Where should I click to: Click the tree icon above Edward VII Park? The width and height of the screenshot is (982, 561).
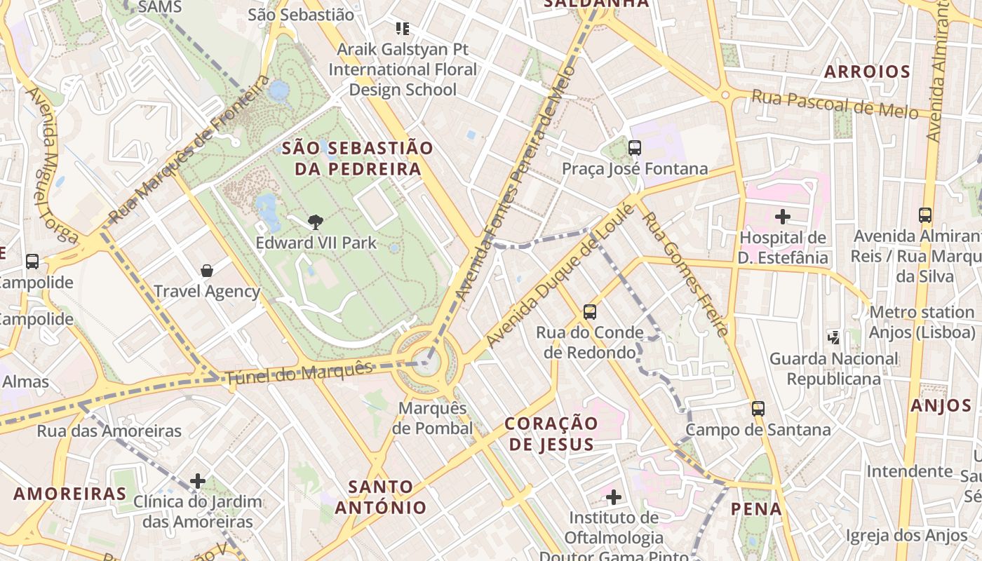coord(316,222)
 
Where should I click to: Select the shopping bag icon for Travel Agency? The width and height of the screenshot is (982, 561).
coord(207,271)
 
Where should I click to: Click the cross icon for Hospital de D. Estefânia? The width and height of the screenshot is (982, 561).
coord(783,217)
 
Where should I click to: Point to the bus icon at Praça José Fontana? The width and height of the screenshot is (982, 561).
coord(635,148)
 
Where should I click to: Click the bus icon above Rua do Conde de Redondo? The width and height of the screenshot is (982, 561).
coord(590,311)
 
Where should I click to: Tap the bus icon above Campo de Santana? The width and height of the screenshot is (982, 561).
coord(758,409)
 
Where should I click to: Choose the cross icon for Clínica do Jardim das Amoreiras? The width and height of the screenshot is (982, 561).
coord(198,481)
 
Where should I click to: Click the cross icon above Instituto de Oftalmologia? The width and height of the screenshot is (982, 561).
coord(614,497)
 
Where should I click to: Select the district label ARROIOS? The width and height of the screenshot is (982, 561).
coord(867,72)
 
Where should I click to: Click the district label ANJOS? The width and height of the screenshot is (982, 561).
coord(941,405)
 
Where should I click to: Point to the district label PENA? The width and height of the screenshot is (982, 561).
coord(756,509)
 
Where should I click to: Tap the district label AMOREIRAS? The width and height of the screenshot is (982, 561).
coord(70,494)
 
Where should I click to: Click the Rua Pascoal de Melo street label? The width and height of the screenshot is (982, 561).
coord(835,104)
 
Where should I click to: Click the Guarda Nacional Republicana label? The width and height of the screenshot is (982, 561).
coord(833,369)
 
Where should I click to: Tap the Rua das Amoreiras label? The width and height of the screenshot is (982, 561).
coord(109,431)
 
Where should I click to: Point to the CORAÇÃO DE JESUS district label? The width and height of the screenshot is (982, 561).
coord(551,433)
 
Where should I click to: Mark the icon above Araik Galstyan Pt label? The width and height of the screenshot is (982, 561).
coord(403,29)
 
